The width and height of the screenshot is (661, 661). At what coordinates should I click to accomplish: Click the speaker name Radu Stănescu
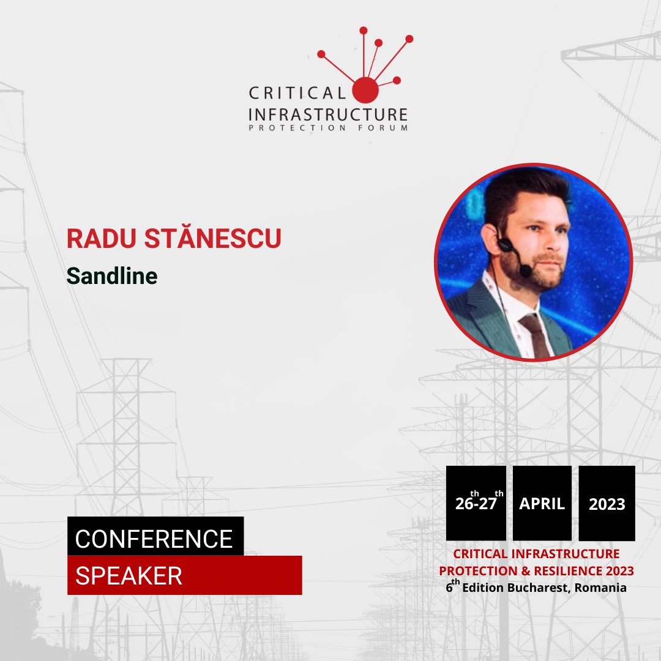pyautogui.click(x=174, y=239)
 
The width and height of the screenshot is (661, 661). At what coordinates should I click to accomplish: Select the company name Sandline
pyautogui.click(x=112, y=276)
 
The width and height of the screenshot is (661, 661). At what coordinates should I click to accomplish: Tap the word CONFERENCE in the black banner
pyautogui.click(x=154, y=539)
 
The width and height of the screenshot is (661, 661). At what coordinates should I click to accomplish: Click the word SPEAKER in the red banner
pyautogui.click(x=129, y=576)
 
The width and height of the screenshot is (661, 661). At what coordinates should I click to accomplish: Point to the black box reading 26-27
pyautogui.click(x=476, y=503)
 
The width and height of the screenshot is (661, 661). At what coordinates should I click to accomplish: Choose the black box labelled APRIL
pyautogui.click(x=542, y=503)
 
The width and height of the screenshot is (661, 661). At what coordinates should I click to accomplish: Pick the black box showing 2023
pyautogui.click(x=607, y=504)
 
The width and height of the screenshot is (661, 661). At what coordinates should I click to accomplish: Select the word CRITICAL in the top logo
pyautogui.click(x=296, y=94)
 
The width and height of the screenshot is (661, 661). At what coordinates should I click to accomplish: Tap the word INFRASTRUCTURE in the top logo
pyautogui.click(x=327, y=114)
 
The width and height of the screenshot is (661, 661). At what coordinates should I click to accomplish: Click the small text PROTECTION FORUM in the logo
pyautogui.click(x=327, y=128)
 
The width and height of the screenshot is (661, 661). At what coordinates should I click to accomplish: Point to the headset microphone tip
pyautogui.click(x=525, y=270)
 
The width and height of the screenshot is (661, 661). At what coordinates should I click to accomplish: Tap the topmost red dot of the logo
pyautogui.click(x=363, y=30)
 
